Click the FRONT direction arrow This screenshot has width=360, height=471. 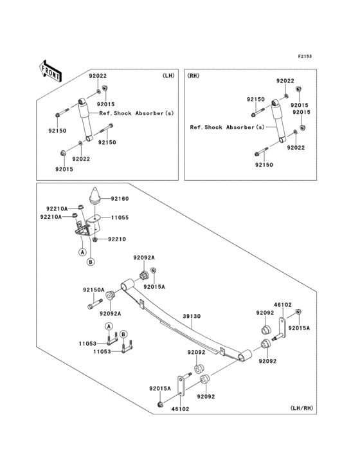[x=50, y=71]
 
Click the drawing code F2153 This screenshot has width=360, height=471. [x=305, y=56]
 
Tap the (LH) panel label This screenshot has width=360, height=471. [x=168, y=76]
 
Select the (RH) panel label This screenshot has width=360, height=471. [x=194, y=76]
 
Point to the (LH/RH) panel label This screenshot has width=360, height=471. [x=301, y=407]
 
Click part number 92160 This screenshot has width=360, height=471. [x=120, y=199]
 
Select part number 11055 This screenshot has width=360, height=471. [x=120, y=217]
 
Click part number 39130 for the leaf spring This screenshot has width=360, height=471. [x=192, y=316]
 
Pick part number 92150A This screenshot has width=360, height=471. [x=94, y=290]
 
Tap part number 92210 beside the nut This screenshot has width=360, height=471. [x=117, y=239]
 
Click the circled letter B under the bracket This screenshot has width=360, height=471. [x=91, y=262]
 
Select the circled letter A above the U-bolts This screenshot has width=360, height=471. [x=109, y=326]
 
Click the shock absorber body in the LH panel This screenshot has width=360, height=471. [x=85, y=120]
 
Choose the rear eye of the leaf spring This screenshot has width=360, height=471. [x=245, y=355]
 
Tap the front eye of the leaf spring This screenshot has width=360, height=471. [x=128, y=284]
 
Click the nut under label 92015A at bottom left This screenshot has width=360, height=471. [x=161, y=404]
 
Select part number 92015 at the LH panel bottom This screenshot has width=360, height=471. [x=64, y=169]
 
